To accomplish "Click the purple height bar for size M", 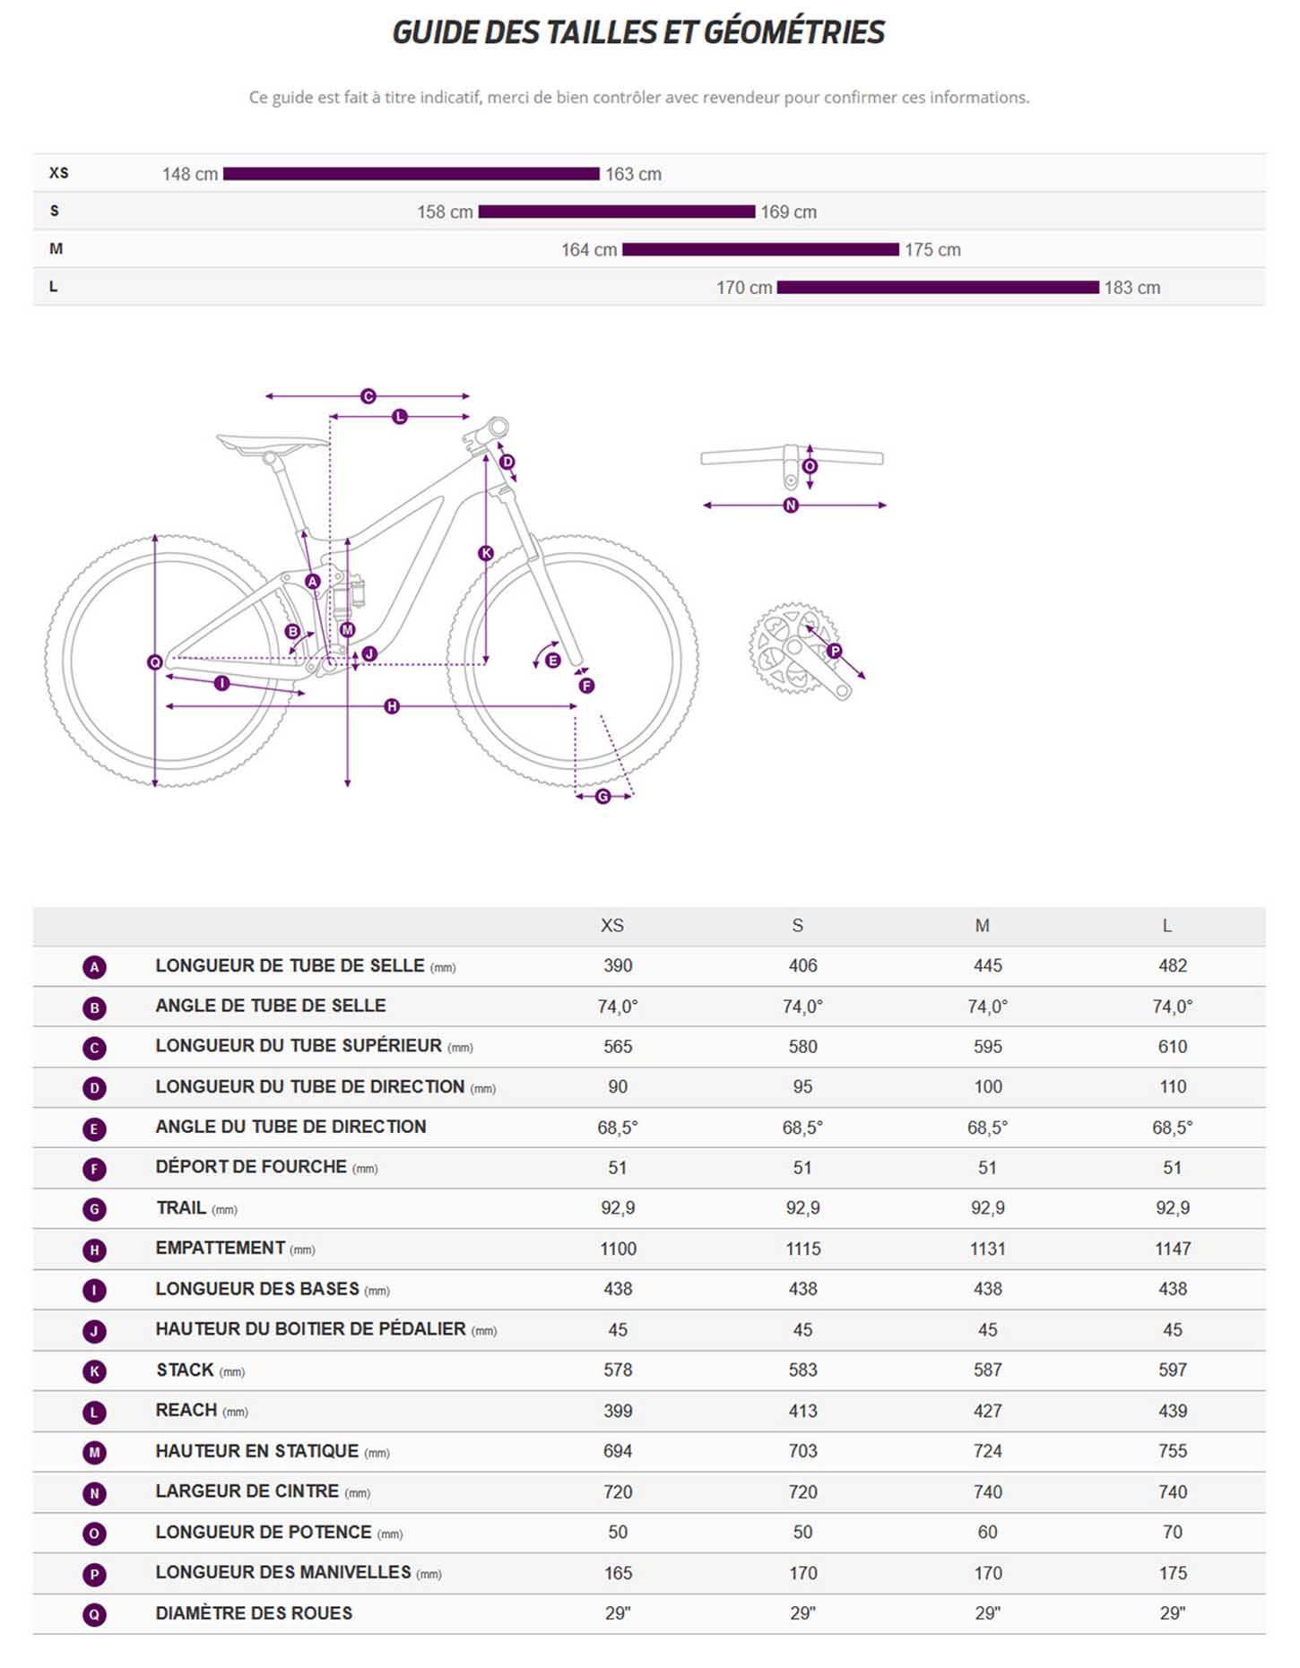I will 760,249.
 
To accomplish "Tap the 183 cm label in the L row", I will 1131,288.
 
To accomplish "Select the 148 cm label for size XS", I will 189,174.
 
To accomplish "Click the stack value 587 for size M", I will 987,1370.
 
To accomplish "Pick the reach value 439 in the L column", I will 1172,1411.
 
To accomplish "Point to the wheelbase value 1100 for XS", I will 618,1249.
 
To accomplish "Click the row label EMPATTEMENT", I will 221,1248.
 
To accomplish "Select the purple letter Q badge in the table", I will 94,1614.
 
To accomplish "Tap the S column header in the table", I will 797,926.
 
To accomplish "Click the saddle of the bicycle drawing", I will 272,442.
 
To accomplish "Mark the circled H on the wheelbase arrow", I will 392,706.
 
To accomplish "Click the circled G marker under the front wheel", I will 602,796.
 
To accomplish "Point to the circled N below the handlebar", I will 791,506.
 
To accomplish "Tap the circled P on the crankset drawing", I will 835,651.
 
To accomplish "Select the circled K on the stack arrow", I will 486,553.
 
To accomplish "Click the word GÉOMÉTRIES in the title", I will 793,33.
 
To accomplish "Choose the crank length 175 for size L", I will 1172,1573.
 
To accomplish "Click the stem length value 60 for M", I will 987,1532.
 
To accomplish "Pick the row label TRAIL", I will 181,1207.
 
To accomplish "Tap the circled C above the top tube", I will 368,396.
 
